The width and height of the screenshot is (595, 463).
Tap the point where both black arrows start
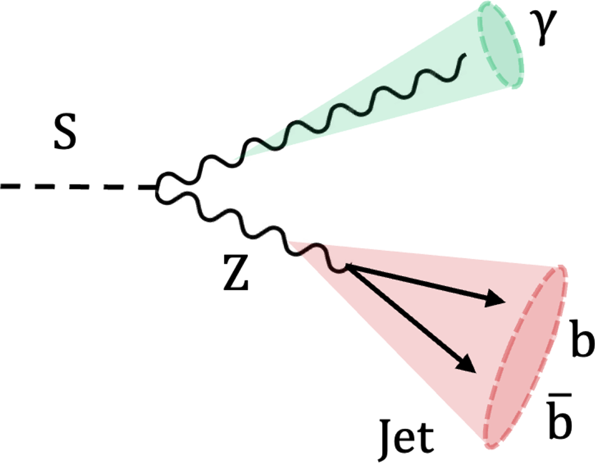pos(346,266)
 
